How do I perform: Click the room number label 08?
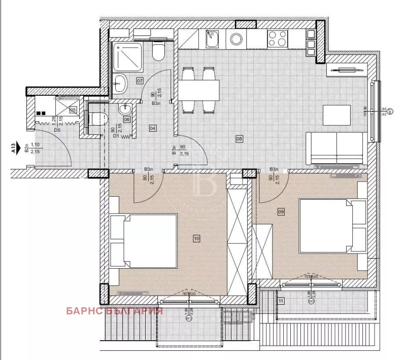tap(240, 138)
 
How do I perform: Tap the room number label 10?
tap(197, 237)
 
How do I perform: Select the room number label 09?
tap(282, 212)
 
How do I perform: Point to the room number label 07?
tap(140, 81)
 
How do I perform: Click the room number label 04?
tap(153, 128)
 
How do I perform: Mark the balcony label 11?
tap(282, 301)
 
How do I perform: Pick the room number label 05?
tap(73, 109)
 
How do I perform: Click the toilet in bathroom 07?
tap(159, 52)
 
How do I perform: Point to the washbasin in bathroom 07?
tap(120, 82)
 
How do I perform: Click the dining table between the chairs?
tap(198, 90)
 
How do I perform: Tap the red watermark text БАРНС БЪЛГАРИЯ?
tap(114, 311)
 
